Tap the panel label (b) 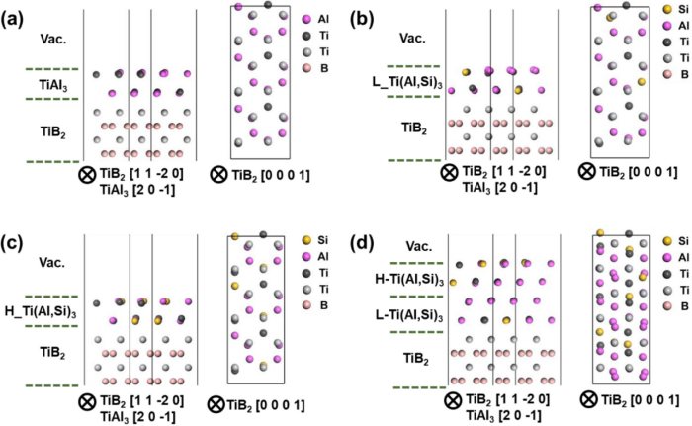365,19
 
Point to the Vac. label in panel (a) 52,40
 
